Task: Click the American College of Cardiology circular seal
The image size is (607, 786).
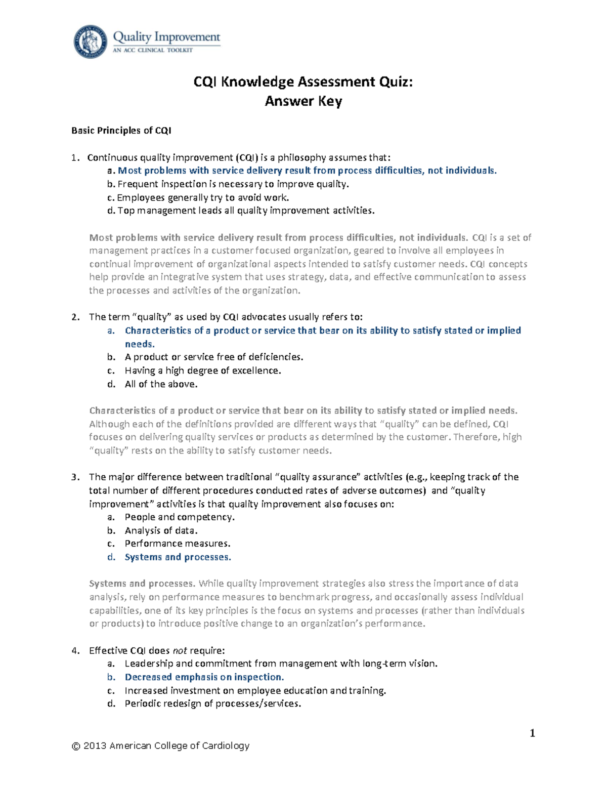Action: click(91, 42)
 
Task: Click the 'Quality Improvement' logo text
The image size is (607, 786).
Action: click(166, 37)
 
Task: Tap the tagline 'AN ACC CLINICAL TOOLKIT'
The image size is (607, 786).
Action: click(152, 50)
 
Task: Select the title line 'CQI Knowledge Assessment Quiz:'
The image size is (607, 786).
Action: click(303, 81)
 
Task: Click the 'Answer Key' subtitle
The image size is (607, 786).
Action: click(303, 101)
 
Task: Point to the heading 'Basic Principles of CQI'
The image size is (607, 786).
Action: click(121, 131)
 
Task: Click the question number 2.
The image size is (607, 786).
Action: click(74, 317)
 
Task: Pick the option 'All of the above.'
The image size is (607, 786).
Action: click(161, 384)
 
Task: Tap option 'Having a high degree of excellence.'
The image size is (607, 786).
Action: click(202, 370)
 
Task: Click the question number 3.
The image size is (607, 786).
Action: click(74, 477)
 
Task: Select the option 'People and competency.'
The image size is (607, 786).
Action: click(180, 517)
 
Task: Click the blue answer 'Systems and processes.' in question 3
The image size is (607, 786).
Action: click(178, 557)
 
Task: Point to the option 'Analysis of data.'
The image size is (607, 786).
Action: click(161, 530)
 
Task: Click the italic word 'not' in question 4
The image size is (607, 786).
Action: click(180, 651)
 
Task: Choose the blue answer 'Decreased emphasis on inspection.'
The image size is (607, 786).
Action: click(204, 677)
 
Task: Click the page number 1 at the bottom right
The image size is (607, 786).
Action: click(532, 733)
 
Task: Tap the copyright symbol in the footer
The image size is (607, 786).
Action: click(76, 746)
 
